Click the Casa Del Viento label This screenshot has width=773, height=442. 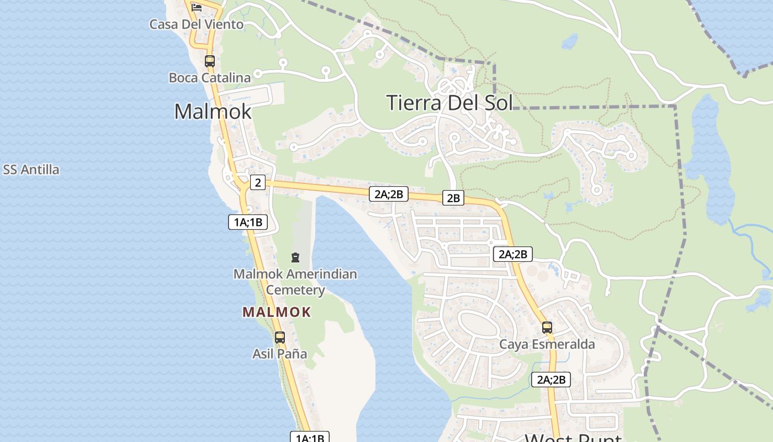coord(196,24)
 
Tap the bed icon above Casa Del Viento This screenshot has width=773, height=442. coord(196,7)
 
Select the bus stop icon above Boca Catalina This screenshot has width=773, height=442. coord(209,61)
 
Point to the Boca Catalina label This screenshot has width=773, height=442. coord(210,78)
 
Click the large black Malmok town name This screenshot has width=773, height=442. coord(213,112)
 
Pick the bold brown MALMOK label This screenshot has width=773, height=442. coord(277,312)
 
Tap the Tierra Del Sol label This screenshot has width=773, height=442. coord(449,103)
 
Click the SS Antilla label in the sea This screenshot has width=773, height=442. coord(31,170)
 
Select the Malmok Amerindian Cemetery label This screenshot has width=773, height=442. coord(295,282)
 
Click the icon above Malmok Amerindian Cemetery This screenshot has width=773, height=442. coord(295,257)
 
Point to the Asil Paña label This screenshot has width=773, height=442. coord(279,354)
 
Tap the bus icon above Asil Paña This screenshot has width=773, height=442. coord(280,337)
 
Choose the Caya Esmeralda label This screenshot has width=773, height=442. coord(547,344)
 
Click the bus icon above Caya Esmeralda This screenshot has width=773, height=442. coord(547,328)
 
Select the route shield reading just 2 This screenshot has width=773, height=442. coord(258,182)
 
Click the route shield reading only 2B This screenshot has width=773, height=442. coord(453,198)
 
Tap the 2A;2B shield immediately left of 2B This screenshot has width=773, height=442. coord(391,193)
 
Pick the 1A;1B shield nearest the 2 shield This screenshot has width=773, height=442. coord(248,222)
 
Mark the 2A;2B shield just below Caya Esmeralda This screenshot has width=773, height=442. coord(551,380)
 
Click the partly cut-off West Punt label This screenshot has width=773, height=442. coord(573,438)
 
